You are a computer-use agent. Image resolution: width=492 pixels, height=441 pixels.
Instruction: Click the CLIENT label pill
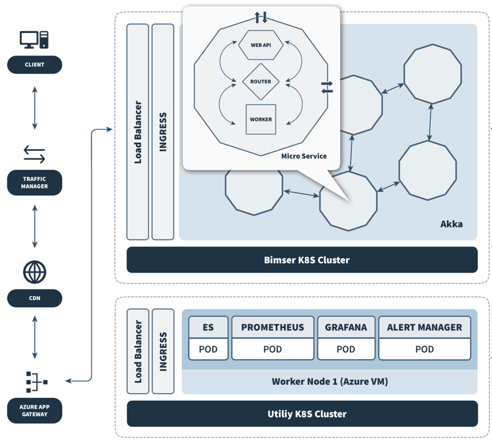point(34,65)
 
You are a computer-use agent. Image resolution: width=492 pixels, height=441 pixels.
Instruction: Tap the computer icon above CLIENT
point(34,40)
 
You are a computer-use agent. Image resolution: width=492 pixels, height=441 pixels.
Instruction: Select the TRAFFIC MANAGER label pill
point(34,183)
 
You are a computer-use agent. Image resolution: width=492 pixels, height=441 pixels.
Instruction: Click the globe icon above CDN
point(34,272)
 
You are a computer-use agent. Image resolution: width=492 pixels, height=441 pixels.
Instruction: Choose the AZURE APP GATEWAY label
point(34,410)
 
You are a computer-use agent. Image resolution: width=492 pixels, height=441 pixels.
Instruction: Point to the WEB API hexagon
point(261,46)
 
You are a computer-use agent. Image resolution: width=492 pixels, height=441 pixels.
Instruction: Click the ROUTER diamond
point(261,82)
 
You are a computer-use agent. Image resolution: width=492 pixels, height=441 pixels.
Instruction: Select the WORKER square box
point(261,119)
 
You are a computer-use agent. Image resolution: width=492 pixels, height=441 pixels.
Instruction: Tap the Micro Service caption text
point(304,156)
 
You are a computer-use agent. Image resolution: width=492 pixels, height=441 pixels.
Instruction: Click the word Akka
point(451,223)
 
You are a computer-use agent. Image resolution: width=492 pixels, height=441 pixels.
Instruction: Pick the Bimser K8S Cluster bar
point(302,260)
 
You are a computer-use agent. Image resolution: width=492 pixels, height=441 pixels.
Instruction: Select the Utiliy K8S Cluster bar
point(302,414)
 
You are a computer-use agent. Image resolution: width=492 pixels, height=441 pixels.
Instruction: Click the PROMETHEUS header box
point(273,327)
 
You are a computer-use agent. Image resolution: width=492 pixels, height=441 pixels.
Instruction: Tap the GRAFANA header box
point(345,327)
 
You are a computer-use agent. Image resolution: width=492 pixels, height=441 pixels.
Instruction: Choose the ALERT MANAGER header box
point(424,327)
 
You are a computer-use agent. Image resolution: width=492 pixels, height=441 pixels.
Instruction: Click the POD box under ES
point(208,349)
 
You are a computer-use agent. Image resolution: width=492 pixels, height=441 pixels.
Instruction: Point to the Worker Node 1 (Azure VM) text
point(329,381)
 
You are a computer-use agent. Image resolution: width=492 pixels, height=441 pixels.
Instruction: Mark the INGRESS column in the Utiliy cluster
point(163,351)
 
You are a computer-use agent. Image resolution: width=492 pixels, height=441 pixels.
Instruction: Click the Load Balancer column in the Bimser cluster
point(138,132)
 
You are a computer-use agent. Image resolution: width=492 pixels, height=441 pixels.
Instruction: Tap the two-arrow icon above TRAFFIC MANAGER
point(34,153)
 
